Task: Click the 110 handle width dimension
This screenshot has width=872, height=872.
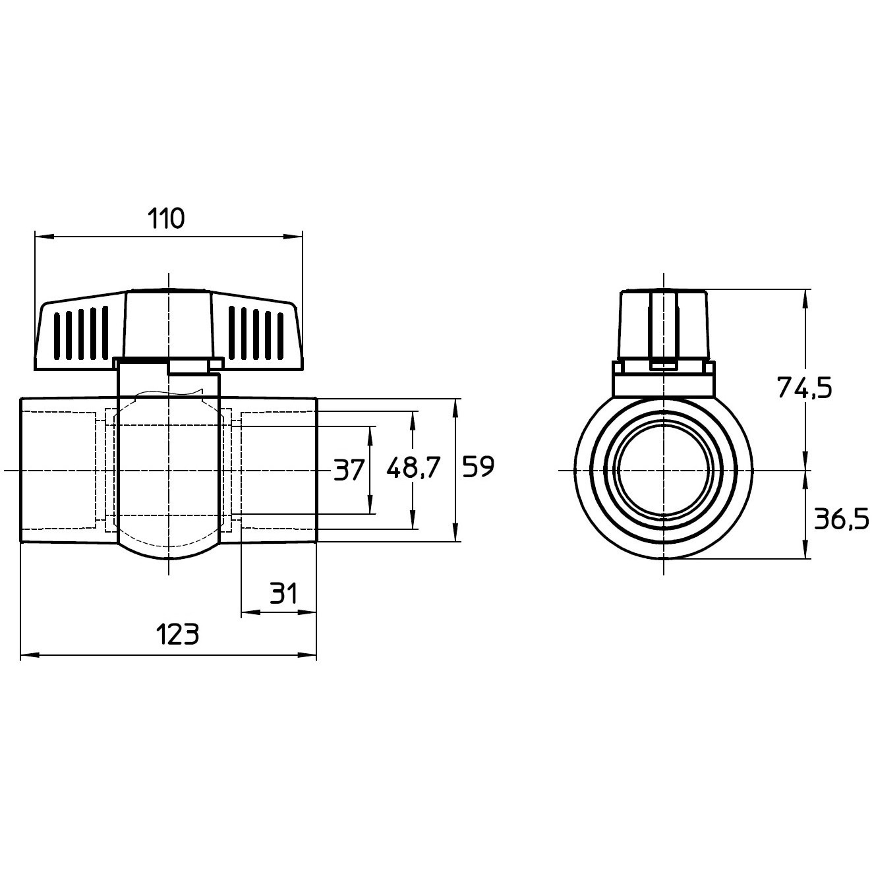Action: click(x=167, y=219)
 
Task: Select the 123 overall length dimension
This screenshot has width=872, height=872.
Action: click(x=177, y=634)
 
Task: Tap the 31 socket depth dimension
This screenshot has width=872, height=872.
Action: click(x=283, y=594)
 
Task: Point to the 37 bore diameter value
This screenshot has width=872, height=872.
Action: click(x=349, y=470)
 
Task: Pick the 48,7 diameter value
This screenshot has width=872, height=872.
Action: click(x=413, y=468)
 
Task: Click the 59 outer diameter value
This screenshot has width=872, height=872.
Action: click(x=479, y=467)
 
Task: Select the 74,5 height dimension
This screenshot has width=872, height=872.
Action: click(x=805, y=388)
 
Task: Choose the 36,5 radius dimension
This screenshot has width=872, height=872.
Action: click(x=841, y=519)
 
